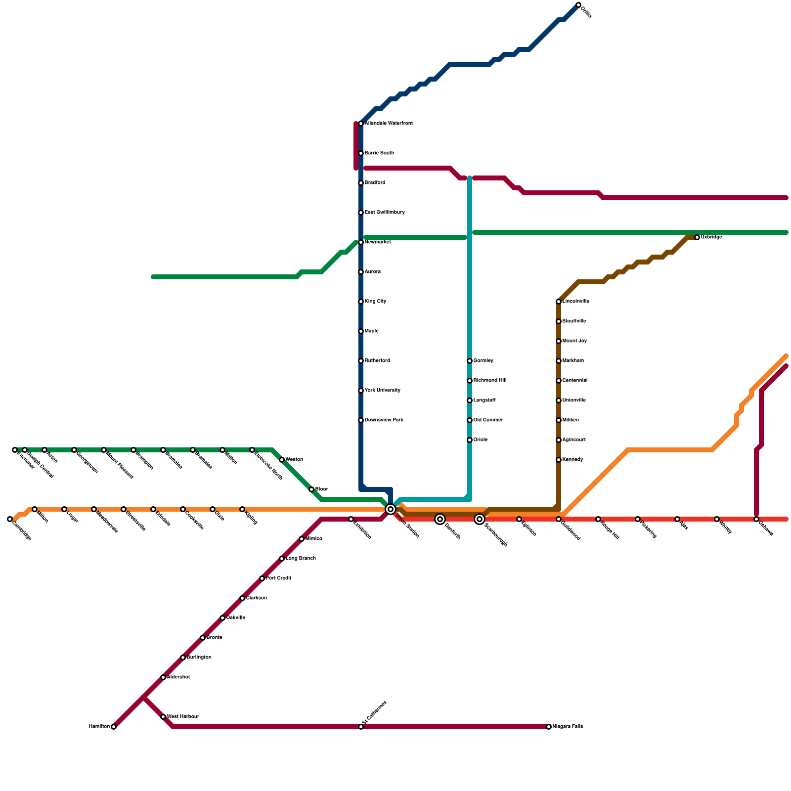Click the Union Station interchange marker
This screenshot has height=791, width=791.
coord(391,509)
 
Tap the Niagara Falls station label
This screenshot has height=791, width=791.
coord(568,727)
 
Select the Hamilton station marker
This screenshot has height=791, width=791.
coord(114,727)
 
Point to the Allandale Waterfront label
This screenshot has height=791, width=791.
coord(389,124)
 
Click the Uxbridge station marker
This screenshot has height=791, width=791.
coord(697,237)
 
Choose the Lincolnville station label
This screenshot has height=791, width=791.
coord(575,302)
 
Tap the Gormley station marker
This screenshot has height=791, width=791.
coord(470,361)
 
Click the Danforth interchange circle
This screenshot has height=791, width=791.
coord(440,519)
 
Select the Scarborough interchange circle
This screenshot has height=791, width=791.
coord(480,519)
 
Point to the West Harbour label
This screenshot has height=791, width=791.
coord(183,717)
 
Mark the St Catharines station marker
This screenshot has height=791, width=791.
coord(361,727)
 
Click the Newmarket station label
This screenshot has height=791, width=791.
coord(378,242)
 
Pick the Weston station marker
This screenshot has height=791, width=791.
coord(282,460)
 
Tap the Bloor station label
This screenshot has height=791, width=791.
coord(321,489)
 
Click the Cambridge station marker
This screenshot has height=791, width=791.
coord(10,519)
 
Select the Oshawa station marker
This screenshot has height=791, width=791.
coord(756,519)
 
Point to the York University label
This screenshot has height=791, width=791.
coord(382,391)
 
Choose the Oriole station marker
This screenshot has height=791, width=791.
coord(470,440)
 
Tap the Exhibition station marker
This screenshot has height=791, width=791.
coord(351,519)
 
